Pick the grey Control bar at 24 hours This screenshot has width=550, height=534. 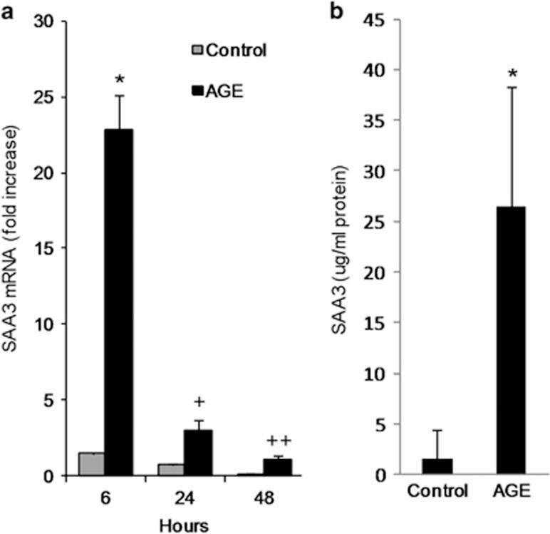click(x=170, y=469)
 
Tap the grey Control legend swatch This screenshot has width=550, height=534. click(x=198, y=51)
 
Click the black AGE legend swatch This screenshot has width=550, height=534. click(x=198, y=92)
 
